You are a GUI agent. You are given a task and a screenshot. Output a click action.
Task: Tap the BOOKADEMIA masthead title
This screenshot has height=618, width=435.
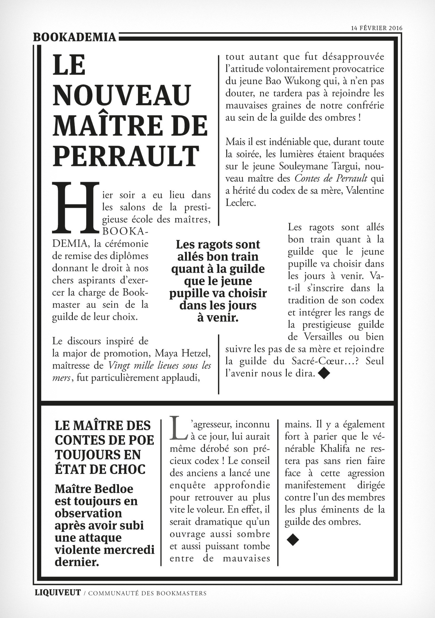(75, 37)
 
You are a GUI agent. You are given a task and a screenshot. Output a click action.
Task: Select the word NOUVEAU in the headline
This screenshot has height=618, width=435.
(122, 96)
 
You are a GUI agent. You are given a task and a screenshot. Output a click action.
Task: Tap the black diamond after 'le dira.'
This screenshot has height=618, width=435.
(324, 374)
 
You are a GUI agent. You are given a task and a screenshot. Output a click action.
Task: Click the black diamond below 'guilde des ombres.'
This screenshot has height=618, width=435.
(293, 539)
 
